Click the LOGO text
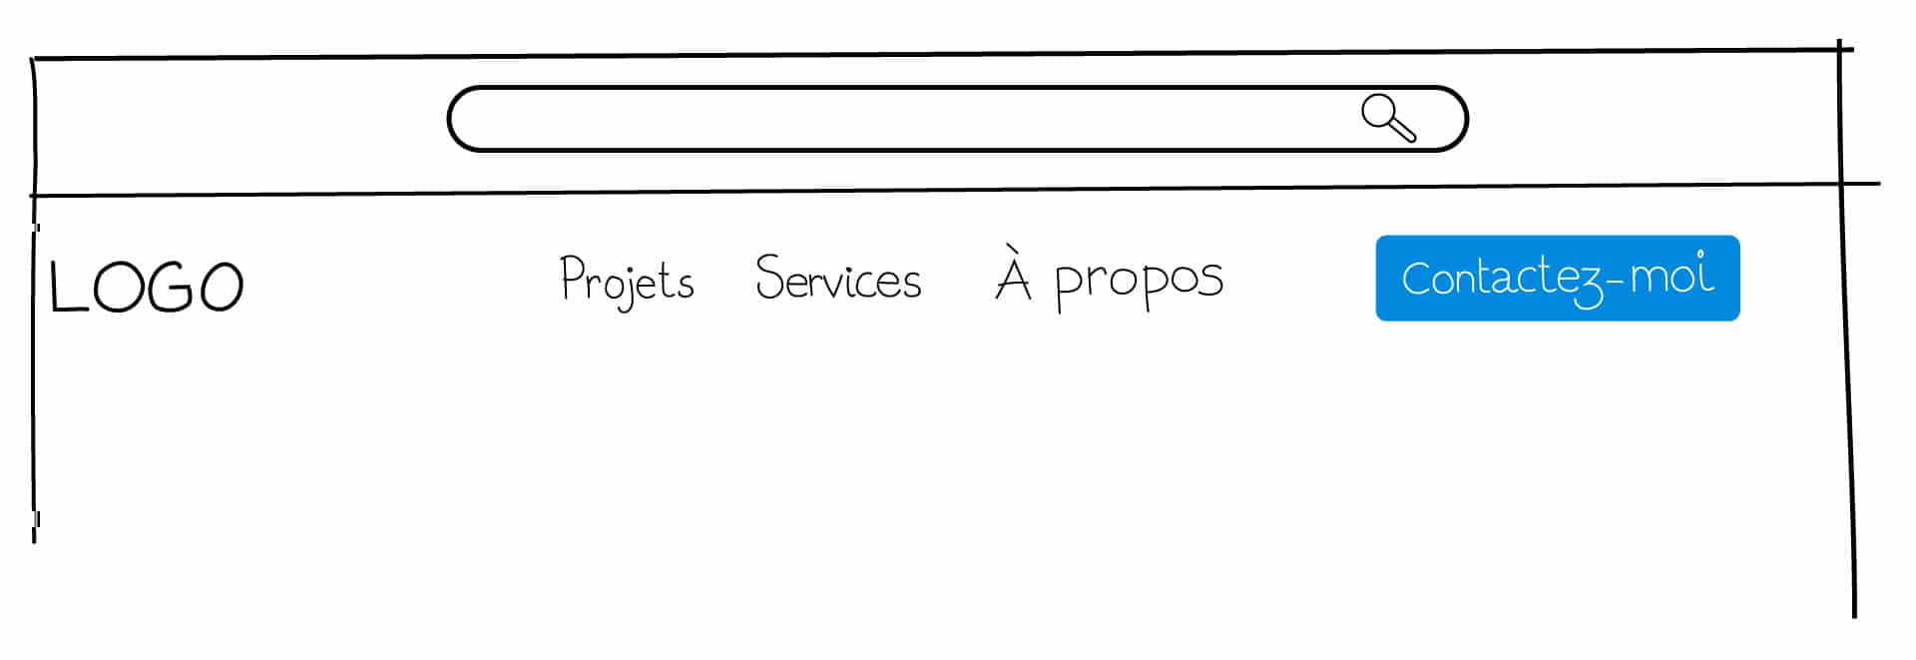click(147, 288)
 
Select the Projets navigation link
click(627, 281)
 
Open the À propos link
click(1109, 277)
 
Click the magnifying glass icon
click(1389, 118)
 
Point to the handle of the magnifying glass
click(1403, 130)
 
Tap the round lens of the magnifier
click(1378, 110)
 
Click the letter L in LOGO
click(64, 288)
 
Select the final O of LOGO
click(221, 288)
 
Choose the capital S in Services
click(770, 277)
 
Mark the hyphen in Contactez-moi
click(1615, 281)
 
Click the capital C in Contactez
click(1418, 279)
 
